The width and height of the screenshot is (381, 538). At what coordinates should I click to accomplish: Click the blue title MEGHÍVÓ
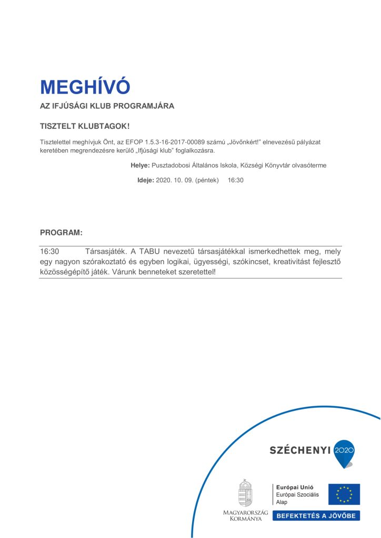pyautogui.click(x=85, y=86)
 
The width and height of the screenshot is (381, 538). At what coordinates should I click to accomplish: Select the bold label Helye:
pyautogui.click(x=141, y=165)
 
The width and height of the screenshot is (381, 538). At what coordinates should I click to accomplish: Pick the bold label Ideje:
pyautogui.click(x=146, y=180)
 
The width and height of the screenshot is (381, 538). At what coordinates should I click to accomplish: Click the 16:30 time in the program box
pyautogui.click(x=49, y=252)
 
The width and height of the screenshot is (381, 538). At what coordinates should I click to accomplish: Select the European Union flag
pyautogui.click(x=344, y=494)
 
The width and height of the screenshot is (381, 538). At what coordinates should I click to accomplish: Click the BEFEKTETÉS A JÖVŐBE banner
pyautogui.click(x=316, y=515)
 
